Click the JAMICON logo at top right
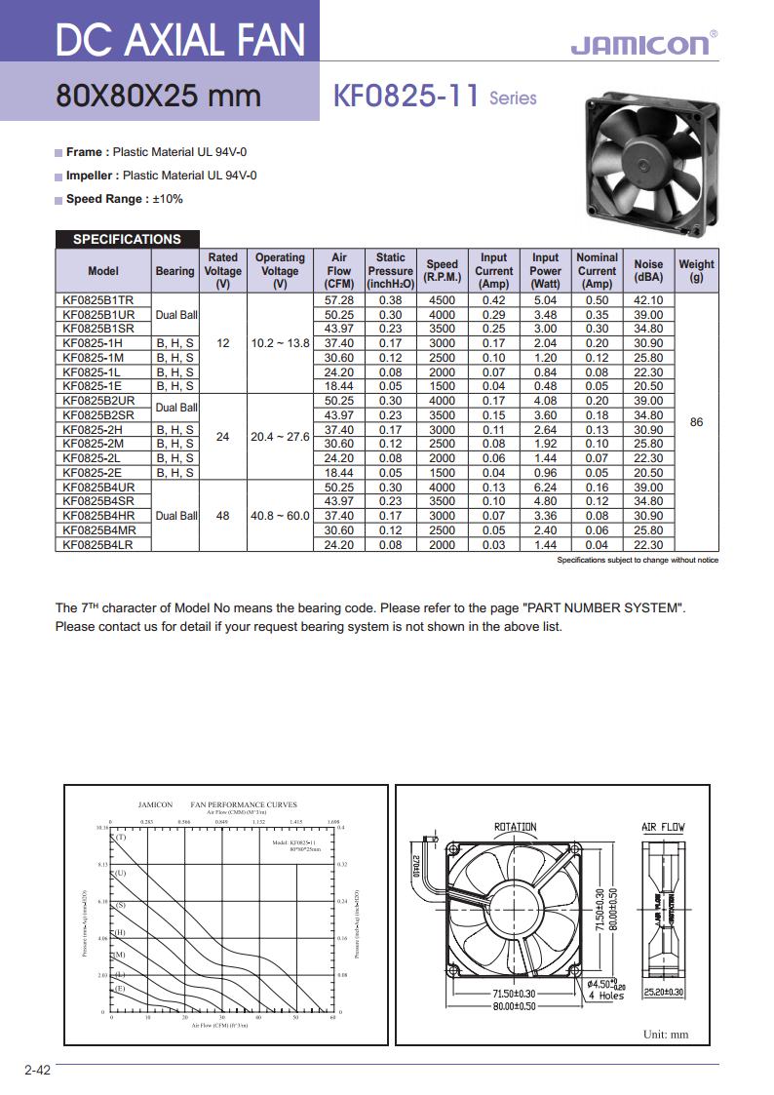(639, 44)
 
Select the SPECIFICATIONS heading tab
(127, 239)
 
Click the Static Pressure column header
(390, 270)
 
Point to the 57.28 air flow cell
(339, 300)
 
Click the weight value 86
(696, 423)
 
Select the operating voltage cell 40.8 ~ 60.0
(280, 516)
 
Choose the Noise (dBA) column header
(648, 270)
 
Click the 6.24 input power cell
(545, 488)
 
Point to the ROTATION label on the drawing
(515, 827)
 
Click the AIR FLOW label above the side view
(663, 827)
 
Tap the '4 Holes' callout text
(605, 996)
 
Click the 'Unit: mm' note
(666, 1035)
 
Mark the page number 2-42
(37, 1070)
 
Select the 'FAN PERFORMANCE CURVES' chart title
(244, 804)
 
